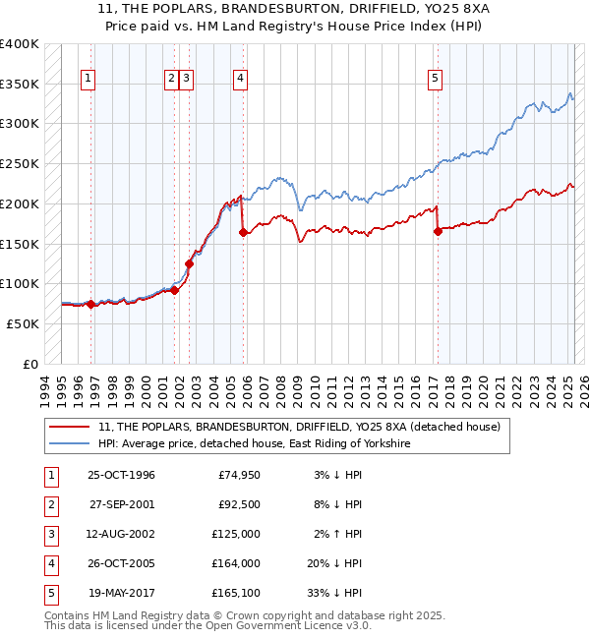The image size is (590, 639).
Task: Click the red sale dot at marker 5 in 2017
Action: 439,232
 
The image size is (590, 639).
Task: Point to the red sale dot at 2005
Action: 243,233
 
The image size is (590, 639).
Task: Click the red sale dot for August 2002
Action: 189,263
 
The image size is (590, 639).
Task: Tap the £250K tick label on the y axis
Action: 20,164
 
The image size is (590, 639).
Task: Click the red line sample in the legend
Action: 71,427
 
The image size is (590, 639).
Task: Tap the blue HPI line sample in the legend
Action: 71,444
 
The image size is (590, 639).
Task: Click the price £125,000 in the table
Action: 237,534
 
